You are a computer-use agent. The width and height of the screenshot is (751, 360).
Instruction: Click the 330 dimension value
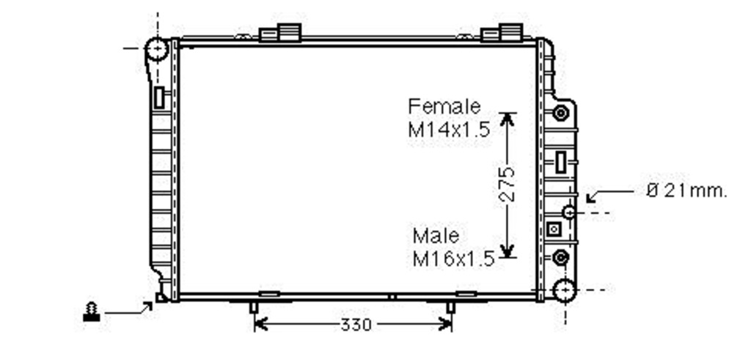356,325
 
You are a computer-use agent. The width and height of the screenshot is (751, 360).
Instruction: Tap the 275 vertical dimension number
506,184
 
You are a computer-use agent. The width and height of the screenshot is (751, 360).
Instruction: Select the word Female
444,106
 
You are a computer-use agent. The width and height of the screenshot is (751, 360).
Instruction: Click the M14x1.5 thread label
450,129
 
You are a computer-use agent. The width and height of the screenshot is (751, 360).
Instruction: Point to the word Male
436,235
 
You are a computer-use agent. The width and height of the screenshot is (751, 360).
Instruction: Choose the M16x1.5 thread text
453,259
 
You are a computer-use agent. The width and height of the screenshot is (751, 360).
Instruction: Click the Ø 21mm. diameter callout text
686,191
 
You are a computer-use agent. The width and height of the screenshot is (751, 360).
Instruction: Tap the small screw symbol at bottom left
92,312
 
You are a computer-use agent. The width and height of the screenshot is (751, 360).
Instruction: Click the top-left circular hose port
157,49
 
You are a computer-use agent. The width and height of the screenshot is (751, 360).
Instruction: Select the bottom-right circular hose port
565,290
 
